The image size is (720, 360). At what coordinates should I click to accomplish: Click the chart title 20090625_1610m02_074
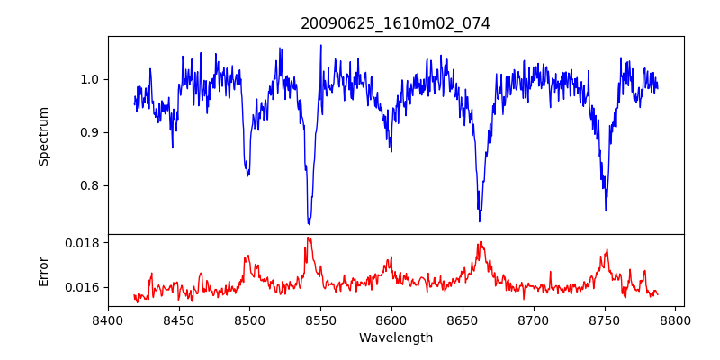point(395,23)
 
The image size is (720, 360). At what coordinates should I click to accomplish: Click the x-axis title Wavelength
point(395,338)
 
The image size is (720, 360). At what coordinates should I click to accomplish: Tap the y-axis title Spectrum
point(44,136)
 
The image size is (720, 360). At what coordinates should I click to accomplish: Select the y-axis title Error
point(44,271)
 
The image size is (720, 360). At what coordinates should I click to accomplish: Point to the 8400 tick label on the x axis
point(108,320)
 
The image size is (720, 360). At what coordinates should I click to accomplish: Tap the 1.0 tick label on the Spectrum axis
point(90,79)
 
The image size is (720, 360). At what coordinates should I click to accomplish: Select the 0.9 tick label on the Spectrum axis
point(90,132)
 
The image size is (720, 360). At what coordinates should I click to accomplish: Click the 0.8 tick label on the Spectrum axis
point(90,185)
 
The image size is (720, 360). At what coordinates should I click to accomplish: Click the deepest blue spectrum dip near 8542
point(309,223)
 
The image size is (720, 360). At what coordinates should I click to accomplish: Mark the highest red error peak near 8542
point(308,238)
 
